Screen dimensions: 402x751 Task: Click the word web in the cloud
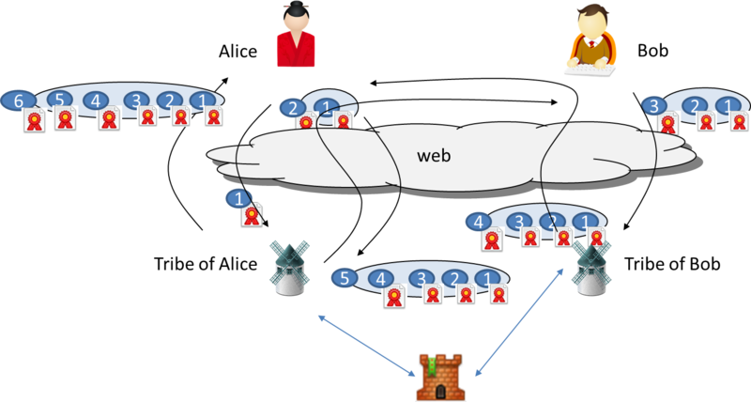point(434,154)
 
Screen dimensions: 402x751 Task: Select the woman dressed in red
point(295,37)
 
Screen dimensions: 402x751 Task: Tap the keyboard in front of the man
point(590,69)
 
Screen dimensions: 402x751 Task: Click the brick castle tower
point(440,377)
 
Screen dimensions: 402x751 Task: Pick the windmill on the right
point(591,266)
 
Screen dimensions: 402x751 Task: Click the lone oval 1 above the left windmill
point(239,198)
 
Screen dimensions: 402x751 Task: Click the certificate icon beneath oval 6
point(35,121)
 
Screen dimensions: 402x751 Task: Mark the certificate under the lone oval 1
point(251,217)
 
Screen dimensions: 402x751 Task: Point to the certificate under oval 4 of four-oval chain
point(492,240)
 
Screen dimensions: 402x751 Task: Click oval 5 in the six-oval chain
point(59,99)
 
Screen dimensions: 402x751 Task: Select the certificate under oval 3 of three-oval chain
point(667,124)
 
